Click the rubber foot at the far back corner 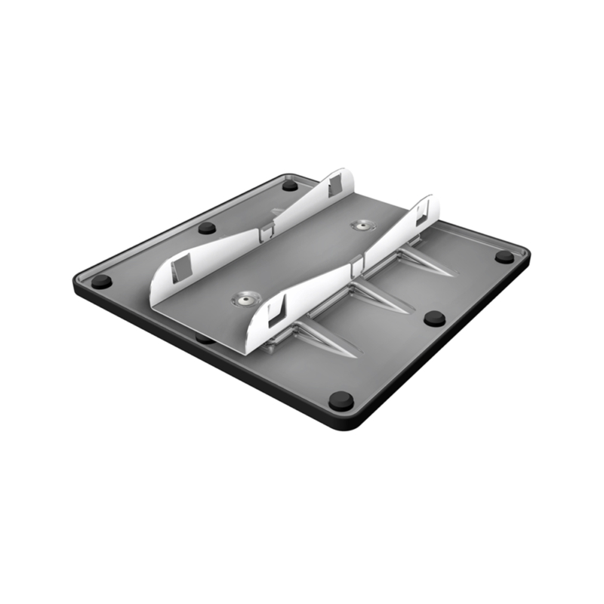pyautogui.click(x=290, y=185)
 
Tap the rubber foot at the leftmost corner pyautogui.click(x=101, y=282)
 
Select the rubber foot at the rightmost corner pyautogui.click(x=504, y=256)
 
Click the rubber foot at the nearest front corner pyautogui.click(x=341, y=400)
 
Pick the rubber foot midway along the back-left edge pyautogui.click(x=207, y=227)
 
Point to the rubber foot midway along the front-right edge pyautogui.click(x=433, y=318)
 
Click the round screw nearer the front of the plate pyautogui.click(x=246, y=299)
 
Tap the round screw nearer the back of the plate pyautogui.click(x=366, y=225)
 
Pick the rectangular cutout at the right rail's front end pyautogui.click(x=277, y=309)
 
